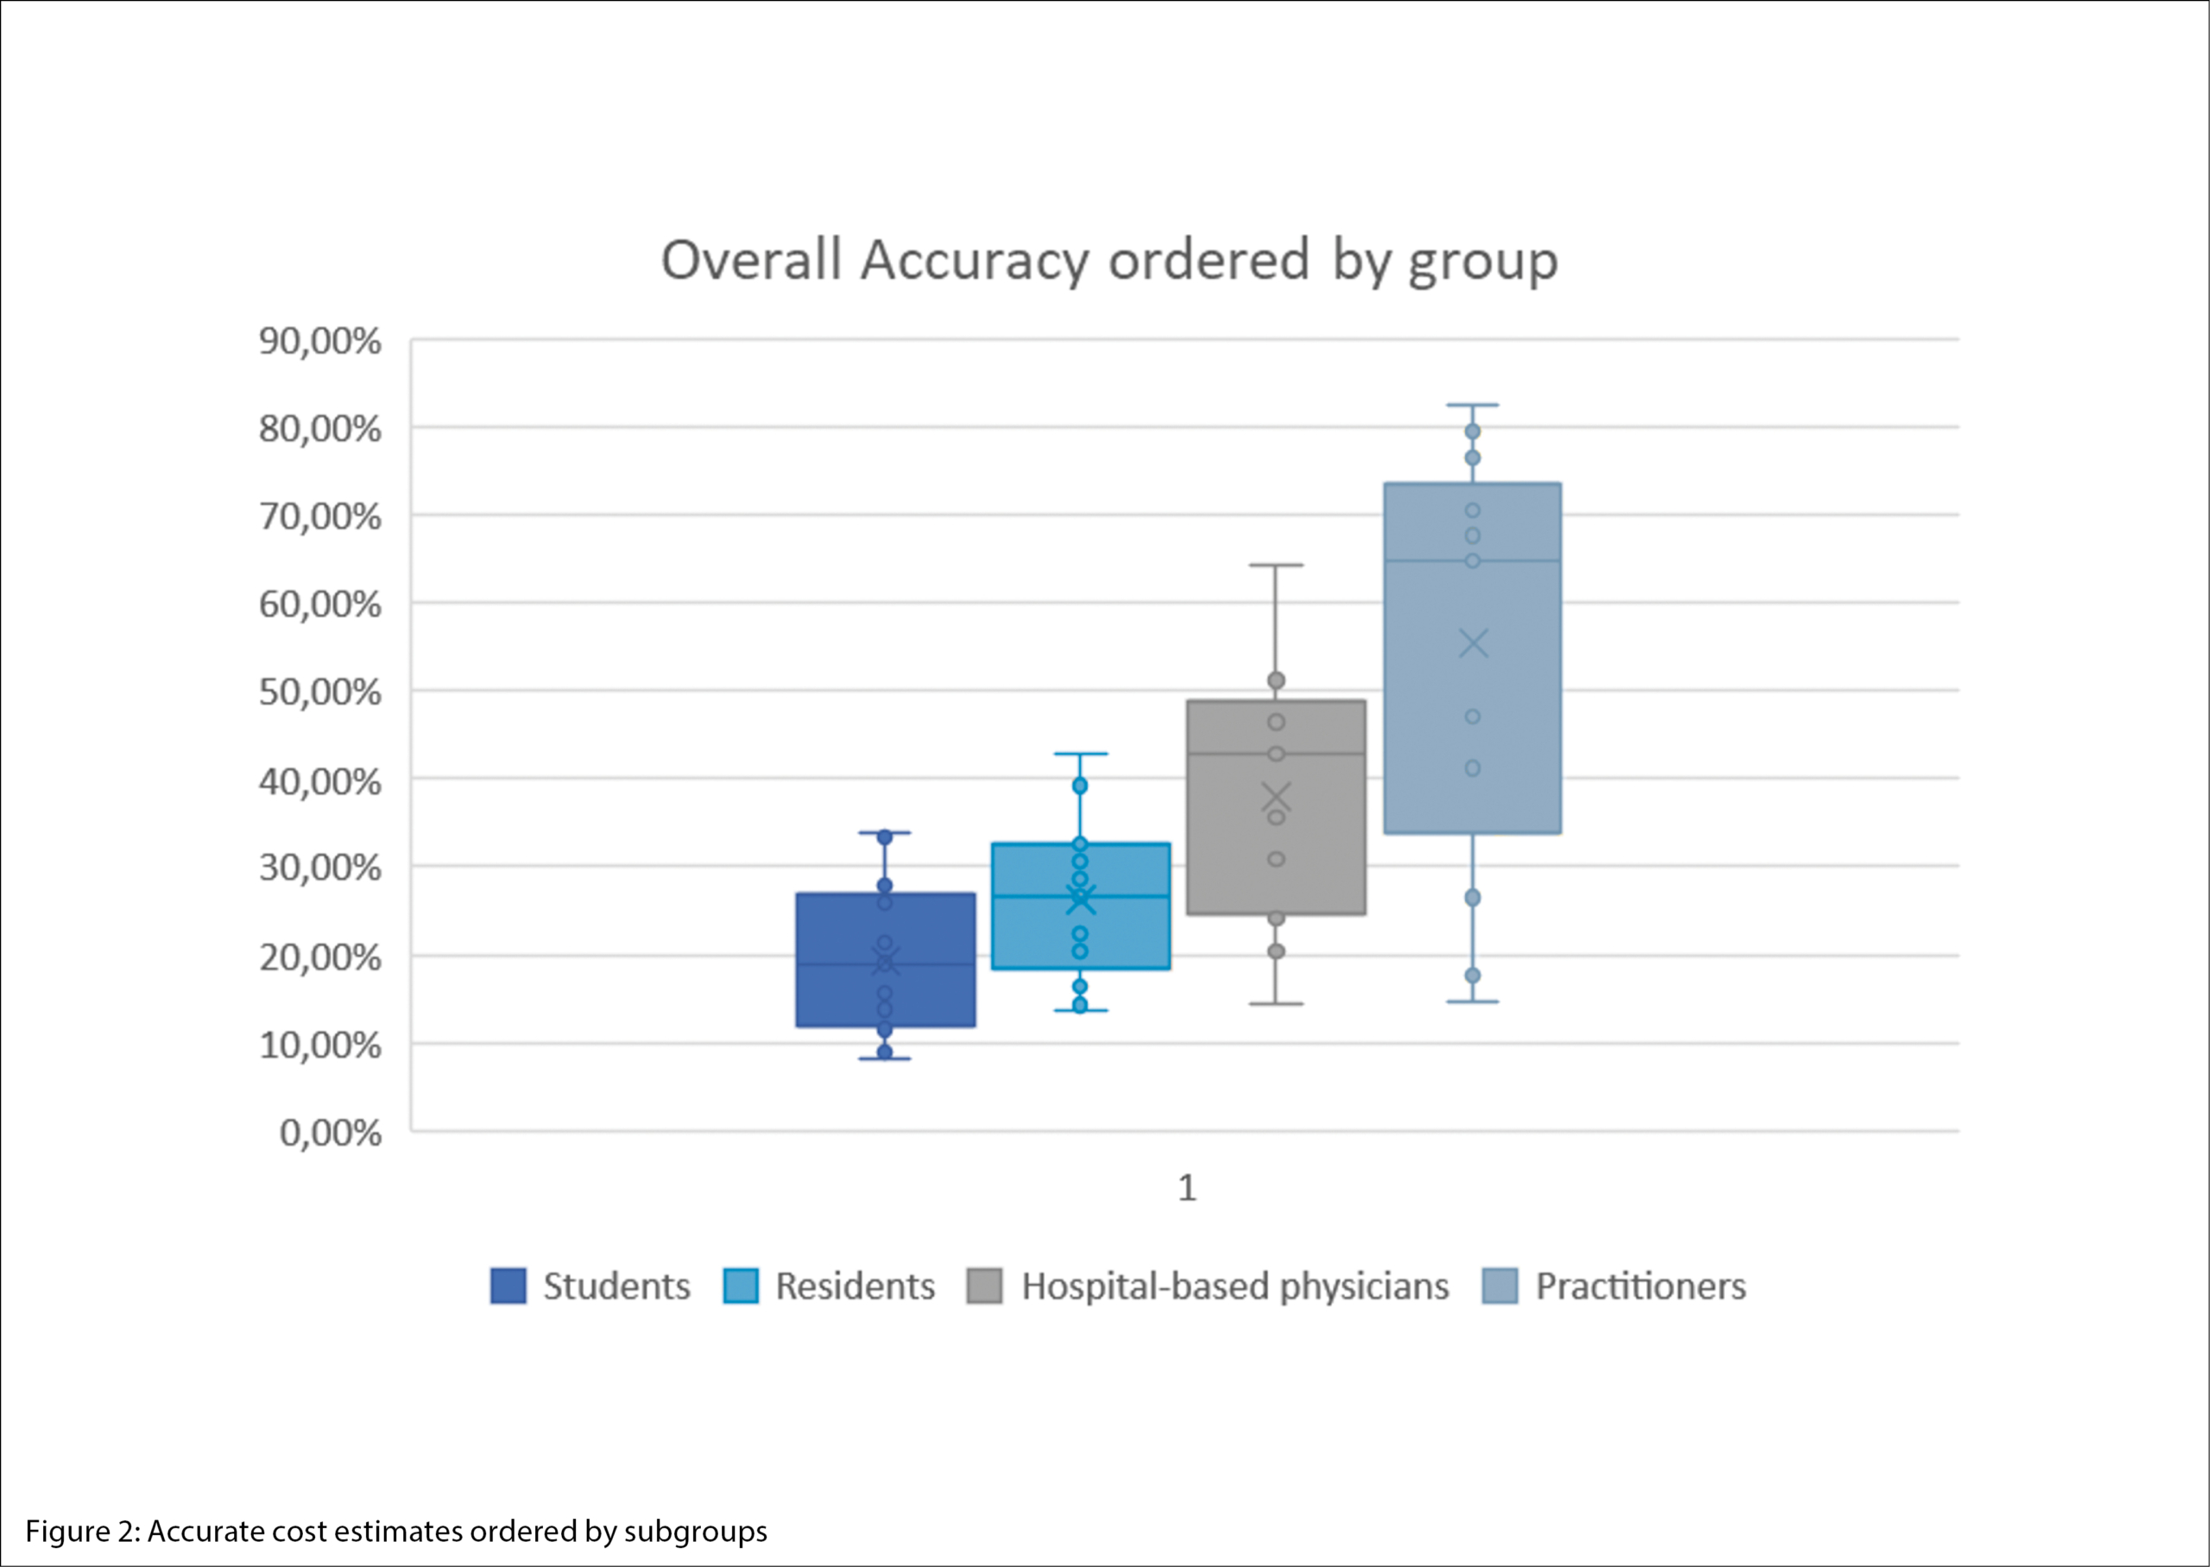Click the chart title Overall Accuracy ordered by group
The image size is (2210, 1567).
point(1108,261)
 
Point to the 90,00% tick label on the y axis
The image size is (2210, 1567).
point(319,342)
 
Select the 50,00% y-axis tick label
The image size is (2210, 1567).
point(319,692)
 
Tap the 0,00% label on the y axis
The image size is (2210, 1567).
point(330,1133)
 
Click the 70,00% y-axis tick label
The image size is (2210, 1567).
point(319,517)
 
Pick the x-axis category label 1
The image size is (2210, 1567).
point(1186,1188)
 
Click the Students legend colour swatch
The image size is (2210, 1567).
point(508,1286)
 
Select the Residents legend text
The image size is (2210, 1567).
point(855,1286)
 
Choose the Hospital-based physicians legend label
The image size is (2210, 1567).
point(1234,1286)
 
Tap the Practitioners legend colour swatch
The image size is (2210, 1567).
point(1500,1286)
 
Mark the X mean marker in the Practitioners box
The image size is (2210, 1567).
point(1473,643)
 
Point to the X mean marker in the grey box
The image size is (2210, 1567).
point(1276,798)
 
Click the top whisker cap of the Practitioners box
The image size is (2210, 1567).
point(1472,405)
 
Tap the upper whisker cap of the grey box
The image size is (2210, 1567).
point(1276,566)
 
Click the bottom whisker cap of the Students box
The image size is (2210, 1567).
point(885,1058)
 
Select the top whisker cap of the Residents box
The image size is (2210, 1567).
point(1081,754)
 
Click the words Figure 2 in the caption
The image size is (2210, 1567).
point(81,1532)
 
